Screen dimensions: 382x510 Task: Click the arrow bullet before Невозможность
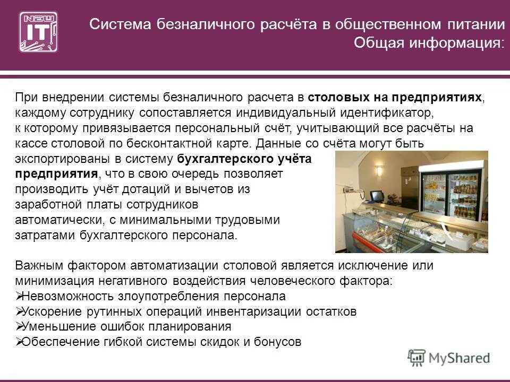(x=19, y=296)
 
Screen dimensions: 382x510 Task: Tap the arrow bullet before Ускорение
(x=19, y=311)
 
